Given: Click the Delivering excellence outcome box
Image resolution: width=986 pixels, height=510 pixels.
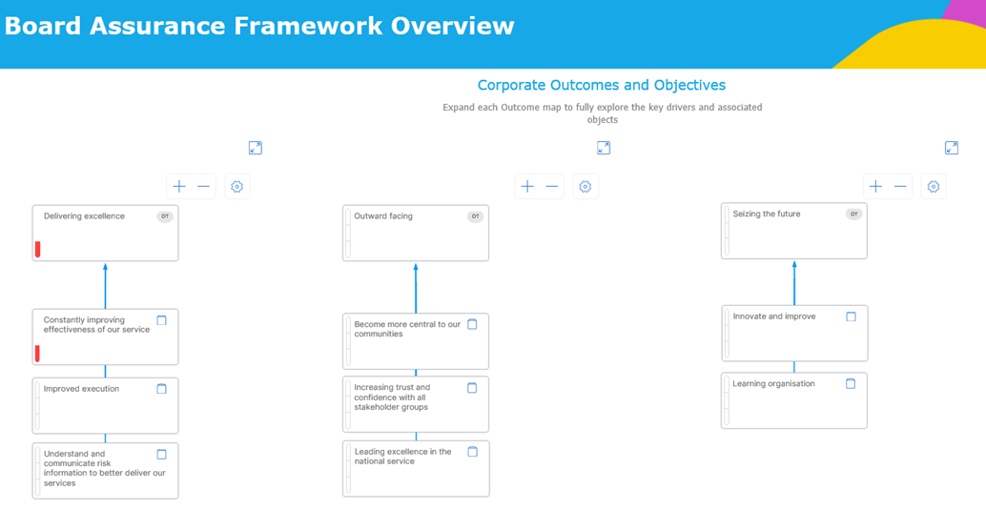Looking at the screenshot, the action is click(x=106, y=233).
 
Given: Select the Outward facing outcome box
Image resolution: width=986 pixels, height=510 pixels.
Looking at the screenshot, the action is click(x=416, y=233).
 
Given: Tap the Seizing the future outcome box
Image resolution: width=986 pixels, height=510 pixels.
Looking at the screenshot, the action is click(x=794, y=231).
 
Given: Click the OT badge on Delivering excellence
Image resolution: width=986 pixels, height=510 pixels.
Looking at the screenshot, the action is click(x=165, y=216).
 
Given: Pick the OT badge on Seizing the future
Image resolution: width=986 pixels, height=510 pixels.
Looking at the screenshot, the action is click(x=854, y=214).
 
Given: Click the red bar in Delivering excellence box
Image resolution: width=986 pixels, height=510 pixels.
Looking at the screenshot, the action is click(x=38, y=249).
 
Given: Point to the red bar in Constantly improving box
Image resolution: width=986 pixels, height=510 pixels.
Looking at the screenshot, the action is click(x=38, y=354).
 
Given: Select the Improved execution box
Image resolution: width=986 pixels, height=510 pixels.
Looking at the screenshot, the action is click(x=106, y=405).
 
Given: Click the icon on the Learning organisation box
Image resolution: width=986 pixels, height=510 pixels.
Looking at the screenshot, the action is click(x=851, y=383).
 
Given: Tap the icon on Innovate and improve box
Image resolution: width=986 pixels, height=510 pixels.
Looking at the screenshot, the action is click(x=851, y=316).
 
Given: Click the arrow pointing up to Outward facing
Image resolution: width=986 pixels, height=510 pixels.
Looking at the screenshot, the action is click(x=416, y=288).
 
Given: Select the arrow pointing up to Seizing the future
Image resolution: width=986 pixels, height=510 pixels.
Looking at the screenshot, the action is click(x=794, y=283).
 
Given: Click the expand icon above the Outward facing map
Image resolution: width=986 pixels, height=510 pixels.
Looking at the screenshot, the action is click(x=604, y=148).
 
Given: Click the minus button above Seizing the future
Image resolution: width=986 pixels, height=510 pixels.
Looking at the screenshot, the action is click(x=900, y=186).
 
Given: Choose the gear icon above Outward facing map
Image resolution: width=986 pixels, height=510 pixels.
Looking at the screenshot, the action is click(x=585, y=186).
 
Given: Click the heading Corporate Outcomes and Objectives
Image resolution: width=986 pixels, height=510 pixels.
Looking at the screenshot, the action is click(x=602, y=85).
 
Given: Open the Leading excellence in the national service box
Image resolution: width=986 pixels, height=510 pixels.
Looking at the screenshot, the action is click(x=417, y=468).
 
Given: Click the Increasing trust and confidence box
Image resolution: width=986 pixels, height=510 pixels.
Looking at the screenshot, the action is click(x=416, y=404).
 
